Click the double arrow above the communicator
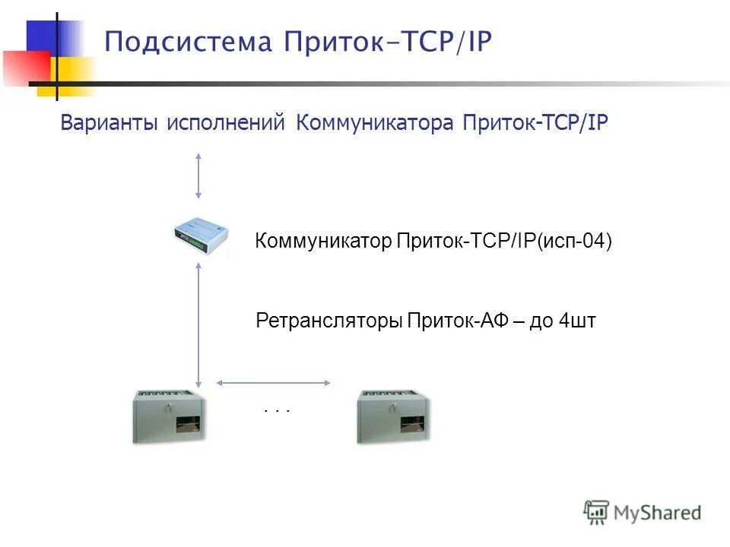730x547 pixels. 198,175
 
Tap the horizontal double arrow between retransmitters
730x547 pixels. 274,382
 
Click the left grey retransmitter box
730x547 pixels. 169,416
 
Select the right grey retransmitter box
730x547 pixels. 394,416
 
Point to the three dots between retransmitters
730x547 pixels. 278,410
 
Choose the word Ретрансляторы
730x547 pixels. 328,321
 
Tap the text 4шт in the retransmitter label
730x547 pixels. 577,321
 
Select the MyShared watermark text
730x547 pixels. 657,513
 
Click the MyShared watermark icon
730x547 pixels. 596,512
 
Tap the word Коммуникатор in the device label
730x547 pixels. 323,242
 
